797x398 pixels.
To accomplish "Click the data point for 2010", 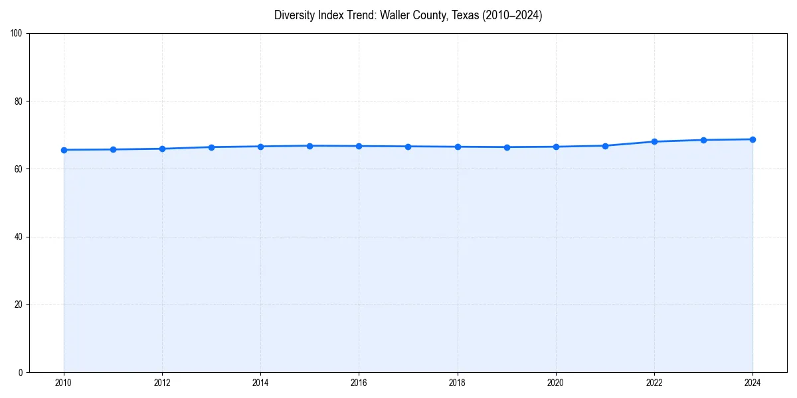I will click(64, 150).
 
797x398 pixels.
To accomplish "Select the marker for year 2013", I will click(211, 147).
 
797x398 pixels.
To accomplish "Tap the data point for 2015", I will click(310, 146).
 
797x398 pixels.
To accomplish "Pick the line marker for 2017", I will click(408, 147).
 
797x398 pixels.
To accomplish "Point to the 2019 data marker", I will click(507, 147).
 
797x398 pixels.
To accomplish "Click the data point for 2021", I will click(605, 146).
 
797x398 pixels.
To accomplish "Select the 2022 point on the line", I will click(654, 141).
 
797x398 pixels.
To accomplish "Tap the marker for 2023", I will click(703, 140).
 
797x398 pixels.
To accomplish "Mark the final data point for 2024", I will click(753, 139).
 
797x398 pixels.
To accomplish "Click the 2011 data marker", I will click(113, 149).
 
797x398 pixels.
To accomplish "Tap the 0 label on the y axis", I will click(21, 372).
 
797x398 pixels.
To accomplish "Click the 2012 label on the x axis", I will click(162, 383).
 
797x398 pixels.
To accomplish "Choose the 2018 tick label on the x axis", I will click(457, 383).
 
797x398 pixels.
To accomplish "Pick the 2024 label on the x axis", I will click(753, 383).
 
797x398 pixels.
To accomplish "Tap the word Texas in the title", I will click(465, 15).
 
